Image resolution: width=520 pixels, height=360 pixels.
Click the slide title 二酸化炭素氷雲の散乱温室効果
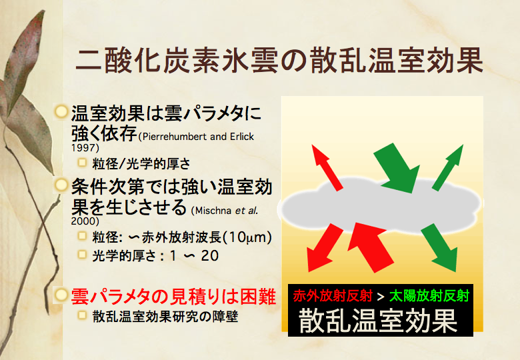[279, 61]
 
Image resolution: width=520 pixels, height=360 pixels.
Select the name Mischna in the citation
[213, 211]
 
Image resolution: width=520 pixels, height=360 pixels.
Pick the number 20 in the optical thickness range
[209, 255]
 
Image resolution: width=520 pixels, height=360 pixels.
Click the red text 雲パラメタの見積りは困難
[173, 296]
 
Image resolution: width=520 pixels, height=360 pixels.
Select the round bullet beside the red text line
[61, 295]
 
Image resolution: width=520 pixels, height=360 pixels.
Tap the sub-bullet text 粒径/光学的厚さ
[141, 163]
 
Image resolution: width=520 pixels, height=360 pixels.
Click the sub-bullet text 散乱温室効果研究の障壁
[165, 316]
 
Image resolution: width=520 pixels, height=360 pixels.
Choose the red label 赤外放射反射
[333, 295]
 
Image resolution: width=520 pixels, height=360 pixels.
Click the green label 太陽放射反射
[429, 295]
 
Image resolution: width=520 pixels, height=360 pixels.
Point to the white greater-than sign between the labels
[381, 297]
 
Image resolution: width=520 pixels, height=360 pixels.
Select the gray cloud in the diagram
[381, 203]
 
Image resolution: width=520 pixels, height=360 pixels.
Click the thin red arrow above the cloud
[327, 167]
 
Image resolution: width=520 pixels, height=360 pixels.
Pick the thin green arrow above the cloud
[448, 167]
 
